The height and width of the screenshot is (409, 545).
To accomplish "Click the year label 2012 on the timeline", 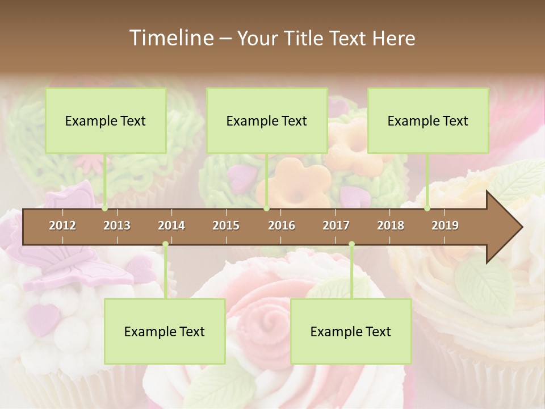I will pos(62,226).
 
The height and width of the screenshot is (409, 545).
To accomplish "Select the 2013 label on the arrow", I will pos(117,226).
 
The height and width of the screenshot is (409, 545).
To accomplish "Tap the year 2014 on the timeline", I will pos(171,226).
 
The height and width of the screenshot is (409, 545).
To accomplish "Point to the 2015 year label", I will pos(226,226).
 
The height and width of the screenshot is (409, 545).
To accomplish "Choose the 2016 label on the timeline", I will pos(282,226).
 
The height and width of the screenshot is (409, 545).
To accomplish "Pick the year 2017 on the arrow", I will pos(336,226).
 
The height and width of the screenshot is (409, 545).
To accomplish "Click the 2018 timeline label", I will pos(391,226).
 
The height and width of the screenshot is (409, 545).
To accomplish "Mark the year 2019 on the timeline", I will pos(445,226).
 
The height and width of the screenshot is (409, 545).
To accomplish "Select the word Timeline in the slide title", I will pos(170,38).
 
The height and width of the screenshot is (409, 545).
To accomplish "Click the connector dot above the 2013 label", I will pos(104,208).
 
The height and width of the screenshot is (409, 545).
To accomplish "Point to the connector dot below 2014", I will pos(165,244).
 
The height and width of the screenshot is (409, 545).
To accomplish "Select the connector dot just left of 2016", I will pos(266,208).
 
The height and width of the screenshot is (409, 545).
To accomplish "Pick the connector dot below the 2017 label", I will pos(351,244).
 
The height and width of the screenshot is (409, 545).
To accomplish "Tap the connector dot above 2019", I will pos(427,208).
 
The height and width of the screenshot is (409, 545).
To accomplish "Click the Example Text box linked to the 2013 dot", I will pos(106,120).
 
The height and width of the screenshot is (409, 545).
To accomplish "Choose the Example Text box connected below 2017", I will pos(351,331).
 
